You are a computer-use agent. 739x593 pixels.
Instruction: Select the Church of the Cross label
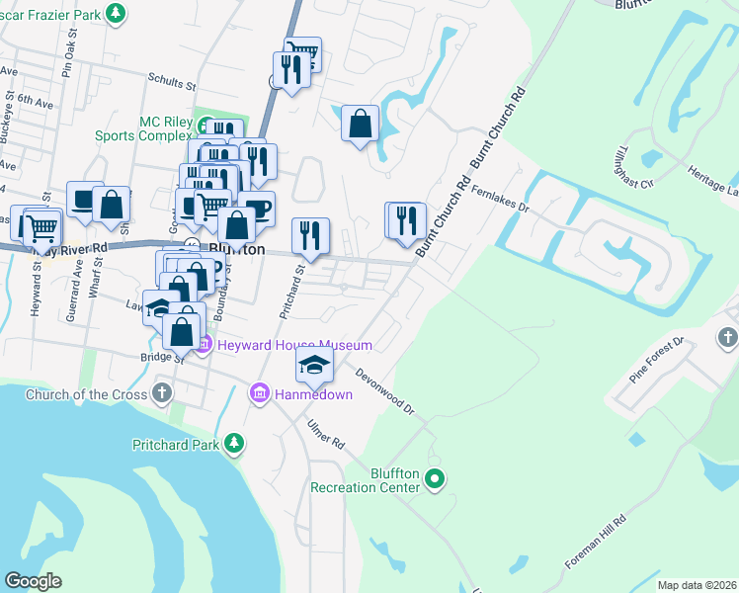coord(86,394)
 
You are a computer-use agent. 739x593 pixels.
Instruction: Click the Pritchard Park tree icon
coord(234,444)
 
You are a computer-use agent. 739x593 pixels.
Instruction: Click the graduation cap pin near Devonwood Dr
coord(314,367)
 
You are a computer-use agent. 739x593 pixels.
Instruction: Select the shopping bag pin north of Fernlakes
coord(361,124)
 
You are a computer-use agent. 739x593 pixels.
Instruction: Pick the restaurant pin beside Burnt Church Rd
coord(405,220)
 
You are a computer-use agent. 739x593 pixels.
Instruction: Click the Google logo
coord(33,581)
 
